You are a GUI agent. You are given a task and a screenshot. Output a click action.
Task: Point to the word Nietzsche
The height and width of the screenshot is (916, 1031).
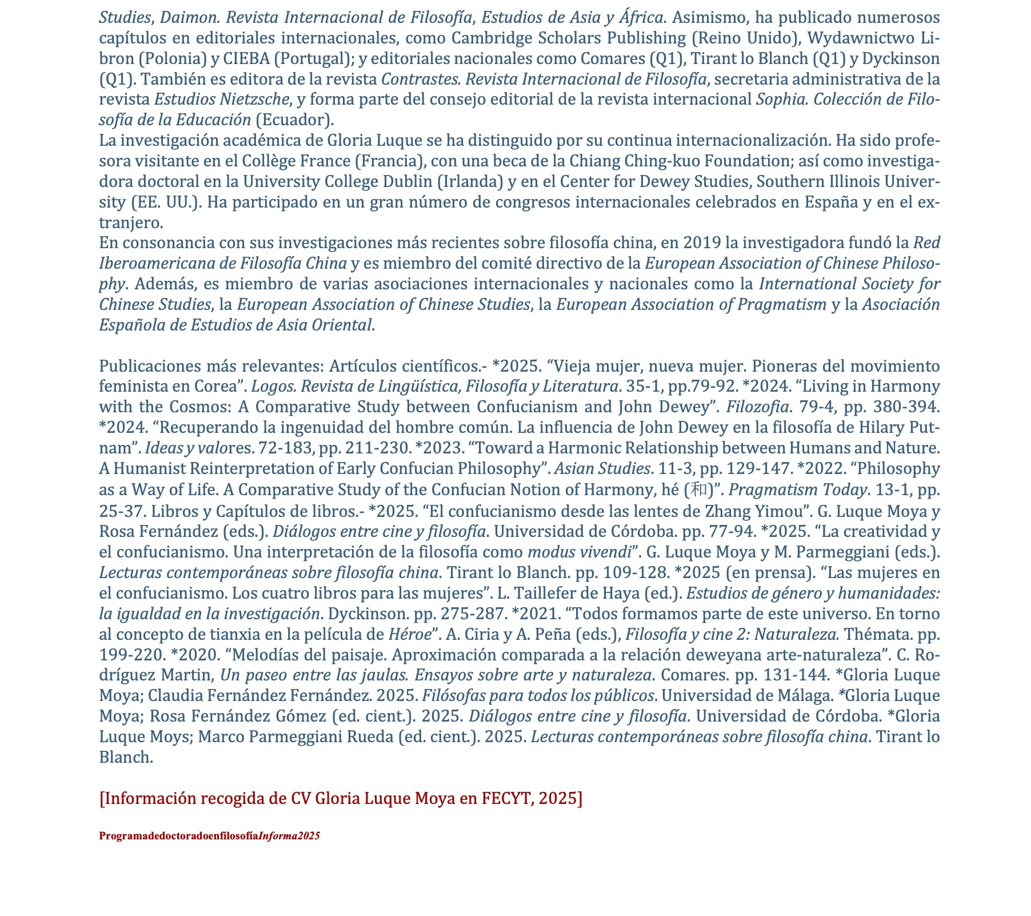[x=255, y=99]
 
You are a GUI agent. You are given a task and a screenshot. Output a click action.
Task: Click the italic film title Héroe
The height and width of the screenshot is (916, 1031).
[x=409, y=634]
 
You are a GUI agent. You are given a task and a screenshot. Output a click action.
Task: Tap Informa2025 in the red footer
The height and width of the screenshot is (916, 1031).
[x=289, y=836]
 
